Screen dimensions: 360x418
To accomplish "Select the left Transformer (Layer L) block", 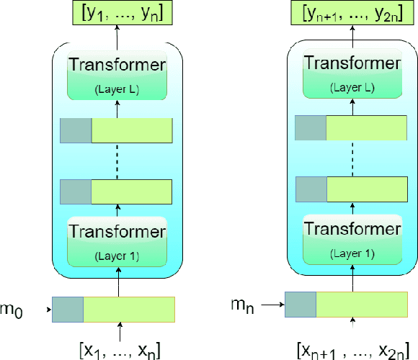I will coord(116,75).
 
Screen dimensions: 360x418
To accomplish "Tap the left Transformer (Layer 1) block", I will coord(116,240).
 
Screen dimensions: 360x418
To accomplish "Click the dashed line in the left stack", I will coord(116,160).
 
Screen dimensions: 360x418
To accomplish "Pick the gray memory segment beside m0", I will coord(68,309).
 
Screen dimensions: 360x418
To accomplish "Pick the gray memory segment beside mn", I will coord(301,304).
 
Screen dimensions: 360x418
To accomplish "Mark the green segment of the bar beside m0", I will coord(129,309).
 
